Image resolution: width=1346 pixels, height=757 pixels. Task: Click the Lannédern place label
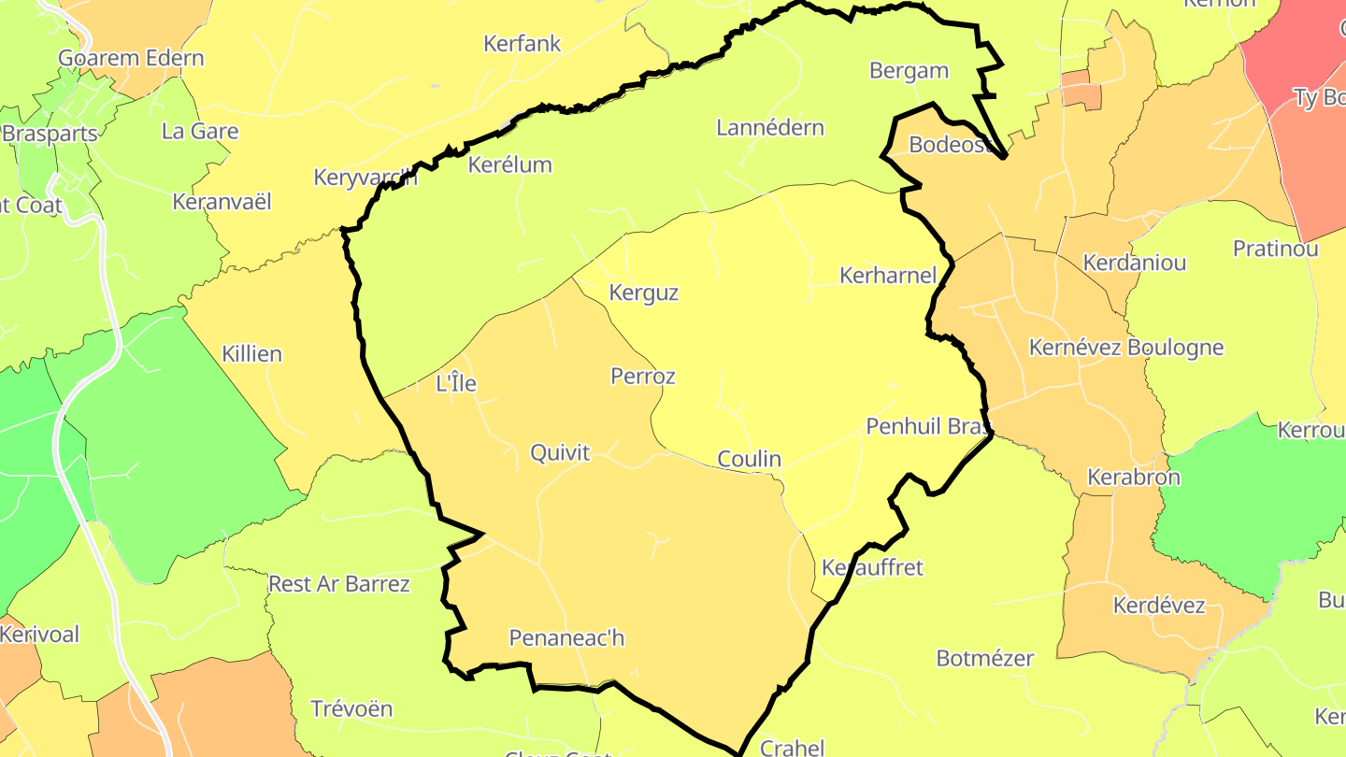click(770, 128)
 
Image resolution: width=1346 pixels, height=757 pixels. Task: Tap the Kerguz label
click(643, 293)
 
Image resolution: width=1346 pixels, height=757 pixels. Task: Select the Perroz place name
click(642, 376)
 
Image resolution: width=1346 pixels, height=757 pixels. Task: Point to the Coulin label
click(749, 459)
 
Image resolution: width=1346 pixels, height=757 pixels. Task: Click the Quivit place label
click(560, 453)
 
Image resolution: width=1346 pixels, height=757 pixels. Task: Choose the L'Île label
click(456, 383)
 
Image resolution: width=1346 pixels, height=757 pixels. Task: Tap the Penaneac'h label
click(566, 638)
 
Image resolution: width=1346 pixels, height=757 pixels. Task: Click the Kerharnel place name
click(888, 276)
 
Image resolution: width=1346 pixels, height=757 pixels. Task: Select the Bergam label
click(909, 71)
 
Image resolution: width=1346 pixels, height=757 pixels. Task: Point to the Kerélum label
click(509, 165)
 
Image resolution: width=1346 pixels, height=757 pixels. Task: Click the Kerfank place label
click(523, 43)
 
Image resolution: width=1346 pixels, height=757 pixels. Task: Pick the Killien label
click(251, 354)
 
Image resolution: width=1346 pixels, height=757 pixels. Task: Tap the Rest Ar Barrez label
click(339, 584)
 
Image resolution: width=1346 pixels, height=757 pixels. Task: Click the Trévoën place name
click(351, 708)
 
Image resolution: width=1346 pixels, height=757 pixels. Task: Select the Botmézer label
click(985, 658)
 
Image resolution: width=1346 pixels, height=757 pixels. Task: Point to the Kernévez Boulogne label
click(1125, 348)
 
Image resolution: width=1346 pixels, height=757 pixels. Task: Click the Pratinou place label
click(1275, 249)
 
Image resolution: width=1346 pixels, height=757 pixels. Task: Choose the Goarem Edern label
click(131, 58)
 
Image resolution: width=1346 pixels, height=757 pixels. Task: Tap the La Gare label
click(200, 131)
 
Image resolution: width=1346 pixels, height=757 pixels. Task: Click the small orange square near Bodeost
click(1081, 91)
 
